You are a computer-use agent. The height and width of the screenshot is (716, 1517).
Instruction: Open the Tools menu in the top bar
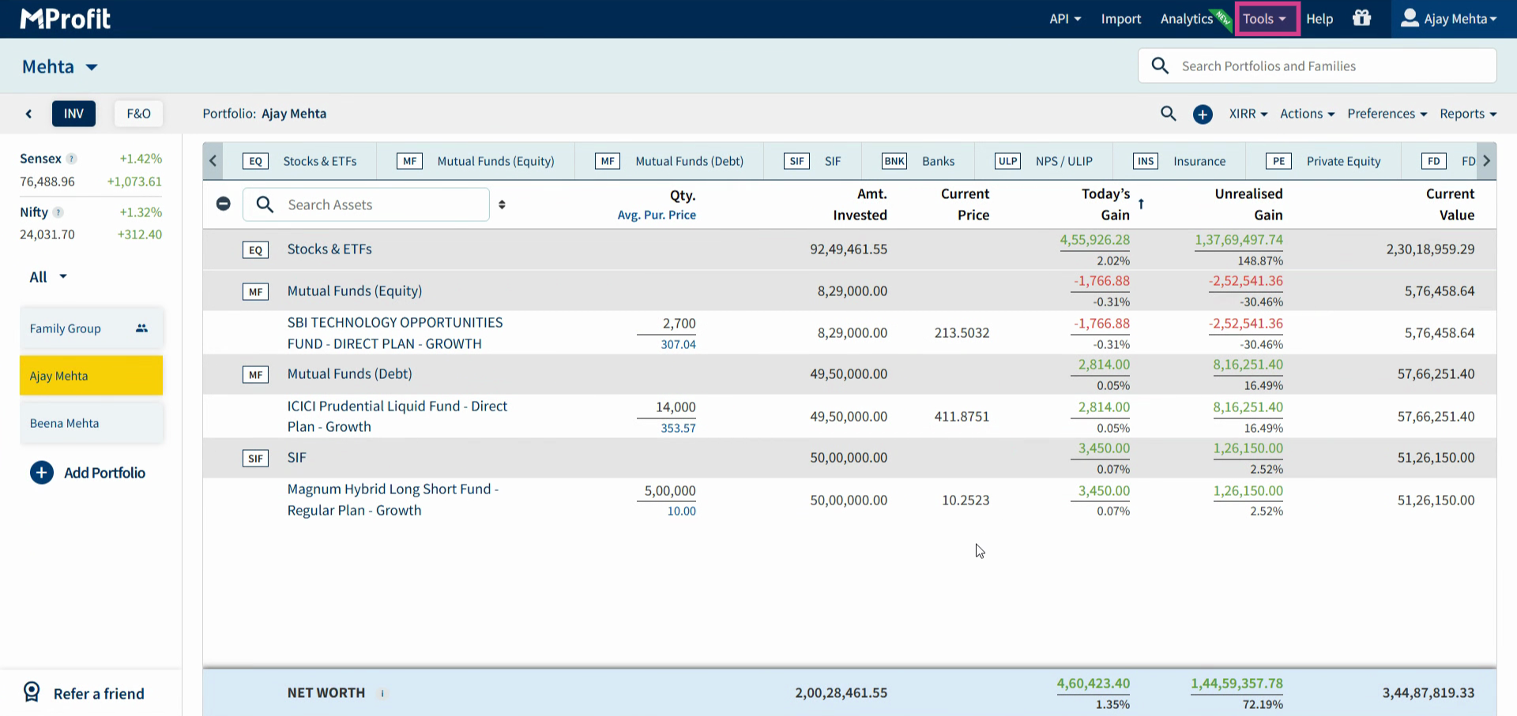click(1265, 19)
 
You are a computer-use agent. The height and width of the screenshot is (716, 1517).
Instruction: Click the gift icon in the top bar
click(1361, 18)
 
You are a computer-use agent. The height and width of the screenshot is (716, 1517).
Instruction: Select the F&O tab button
click(138, 114)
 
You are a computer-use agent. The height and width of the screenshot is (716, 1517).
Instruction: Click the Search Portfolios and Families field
click(1317, 66)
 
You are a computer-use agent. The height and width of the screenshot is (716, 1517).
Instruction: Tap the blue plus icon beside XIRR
click(1203, 114)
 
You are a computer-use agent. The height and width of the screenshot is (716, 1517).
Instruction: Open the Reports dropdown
click(1468, 114)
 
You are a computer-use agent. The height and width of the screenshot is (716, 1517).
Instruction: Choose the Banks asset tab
click(918, 161)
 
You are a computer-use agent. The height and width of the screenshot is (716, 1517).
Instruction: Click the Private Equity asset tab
click(1323, 161)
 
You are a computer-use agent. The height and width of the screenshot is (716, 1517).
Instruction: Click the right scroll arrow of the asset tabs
click(1486, 161)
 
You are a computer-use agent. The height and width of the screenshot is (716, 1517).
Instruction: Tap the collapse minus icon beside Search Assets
click(224, 204)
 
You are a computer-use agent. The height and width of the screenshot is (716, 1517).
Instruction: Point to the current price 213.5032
click(962, 333)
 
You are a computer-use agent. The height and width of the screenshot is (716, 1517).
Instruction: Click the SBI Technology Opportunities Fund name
click(395, 333)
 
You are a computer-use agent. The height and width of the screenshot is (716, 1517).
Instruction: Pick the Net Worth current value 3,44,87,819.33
click(1428, 693)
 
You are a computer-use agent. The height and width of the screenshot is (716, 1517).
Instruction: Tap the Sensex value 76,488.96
click(47, 182)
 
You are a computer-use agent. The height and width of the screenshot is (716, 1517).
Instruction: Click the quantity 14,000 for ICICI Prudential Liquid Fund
click(676, 407)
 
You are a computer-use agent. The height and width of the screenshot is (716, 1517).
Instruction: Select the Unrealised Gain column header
click(1248, 204)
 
